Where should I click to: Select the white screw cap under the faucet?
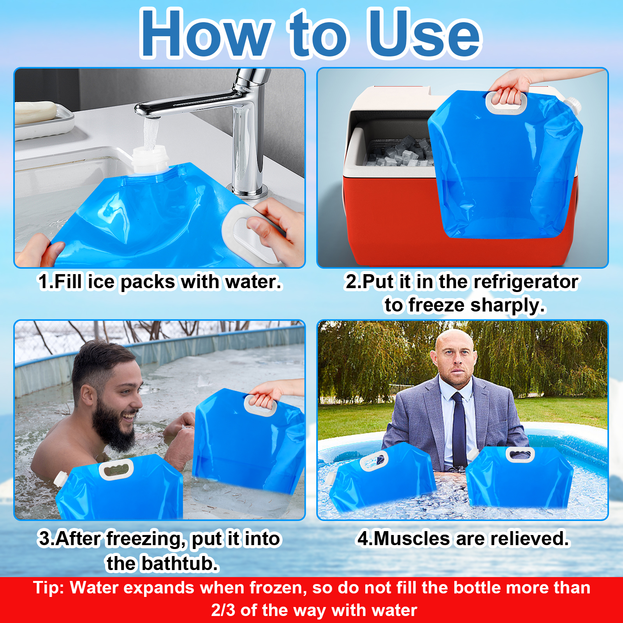(150, 160)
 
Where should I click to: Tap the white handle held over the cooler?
(506, 103)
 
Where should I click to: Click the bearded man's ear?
(87, 396)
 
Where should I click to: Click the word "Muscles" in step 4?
(412, 539)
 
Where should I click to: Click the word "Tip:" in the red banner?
(49, 588)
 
